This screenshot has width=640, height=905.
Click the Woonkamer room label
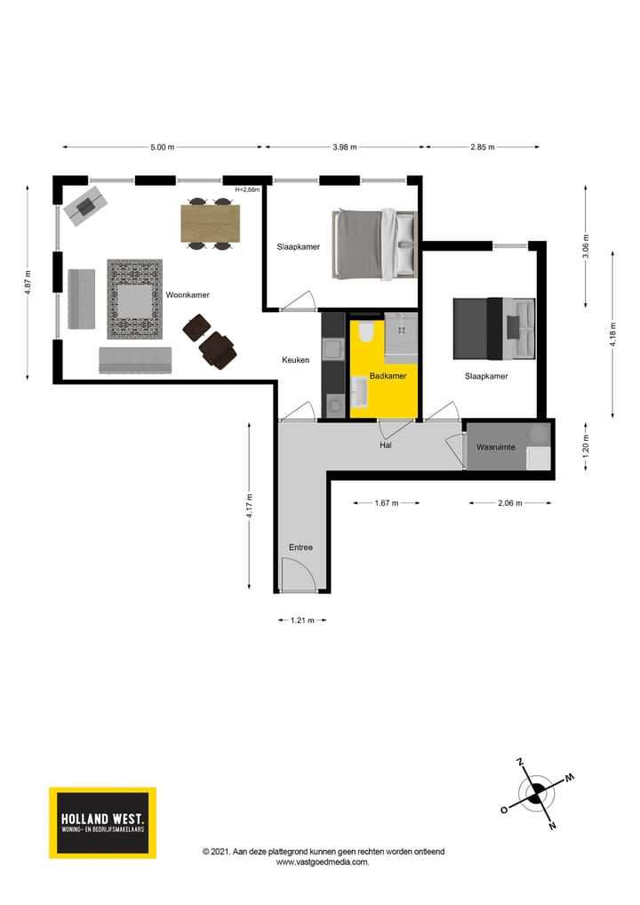[x=187, y=294]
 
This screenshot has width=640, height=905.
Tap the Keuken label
[x=295, y=360]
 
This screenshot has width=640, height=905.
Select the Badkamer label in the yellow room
[x=388, y=376]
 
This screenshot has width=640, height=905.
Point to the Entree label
[x=300, y=548]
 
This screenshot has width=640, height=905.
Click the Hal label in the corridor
[x=386, y=445]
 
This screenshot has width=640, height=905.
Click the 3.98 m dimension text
[x=344, y=148]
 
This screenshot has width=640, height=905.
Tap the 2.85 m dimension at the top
[x=482, y=148]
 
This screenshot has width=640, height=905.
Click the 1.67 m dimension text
[x=386, y=503]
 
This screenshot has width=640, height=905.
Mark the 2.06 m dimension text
[x=509, y=503]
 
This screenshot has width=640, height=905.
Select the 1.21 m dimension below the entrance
[x=302, y=621]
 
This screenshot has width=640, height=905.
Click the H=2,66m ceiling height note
[x=247, y=189]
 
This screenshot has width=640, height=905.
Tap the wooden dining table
[x=211, y=223]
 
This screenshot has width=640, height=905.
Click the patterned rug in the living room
[x=134, y=299]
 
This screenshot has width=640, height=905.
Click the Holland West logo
[x=102, y=822]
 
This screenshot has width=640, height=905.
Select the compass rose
[x=537, y=794]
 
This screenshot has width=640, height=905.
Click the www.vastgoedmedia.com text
[x=323, y=861]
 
